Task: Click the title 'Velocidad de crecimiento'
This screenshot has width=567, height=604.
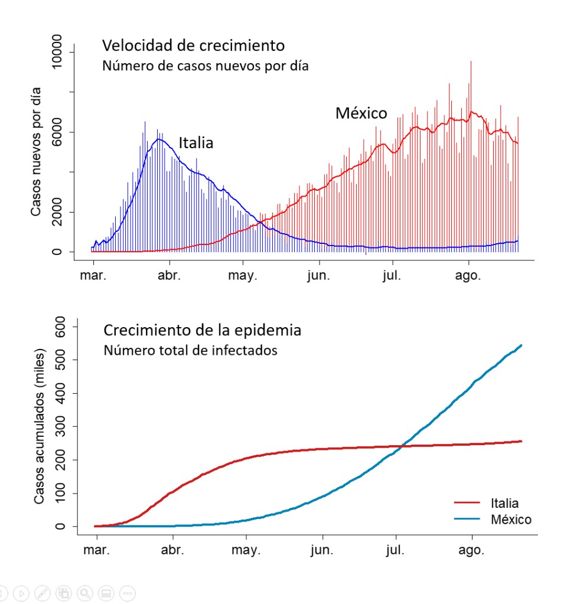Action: pyautogui.click(x=193, y=45)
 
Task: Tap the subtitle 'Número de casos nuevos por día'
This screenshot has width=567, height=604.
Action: pyautogui.click(x=205, y=66)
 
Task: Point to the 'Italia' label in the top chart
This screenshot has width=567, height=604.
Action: pyautogui.click(x=196, y=143)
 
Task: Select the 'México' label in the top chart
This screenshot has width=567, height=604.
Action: pyautogui.click(x=361, y=113)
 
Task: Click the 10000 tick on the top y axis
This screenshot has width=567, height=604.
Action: pyautogui.click(x=57, y=52)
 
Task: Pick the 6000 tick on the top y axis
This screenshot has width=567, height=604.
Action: pyautogui.click(x=57, y=132)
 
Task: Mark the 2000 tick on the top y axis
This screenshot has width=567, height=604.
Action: pyautogui.click(x=57, y=212)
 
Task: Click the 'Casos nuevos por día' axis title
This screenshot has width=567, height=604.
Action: pyautogui.click(x=36, y=151)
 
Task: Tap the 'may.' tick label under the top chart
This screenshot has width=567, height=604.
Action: pyautogui.click(x=243, y=276)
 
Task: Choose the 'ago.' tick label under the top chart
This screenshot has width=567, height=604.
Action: pyautogui.click(x=469, y=276)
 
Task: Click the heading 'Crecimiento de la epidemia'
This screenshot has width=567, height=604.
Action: pyautogui.click(x=203, y=330)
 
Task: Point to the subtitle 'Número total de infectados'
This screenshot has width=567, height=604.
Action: pyautogui.click(x=190, y=350)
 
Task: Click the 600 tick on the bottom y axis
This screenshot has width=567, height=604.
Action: pyautogui.click(x=59, y=327)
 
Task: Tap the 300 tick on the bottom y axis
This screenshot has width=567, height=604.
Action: pyautogui.click(x=59, y=426)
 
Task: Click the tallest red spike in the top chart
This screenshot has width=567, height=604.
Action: pyautogui.click(x=471, y=62)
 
